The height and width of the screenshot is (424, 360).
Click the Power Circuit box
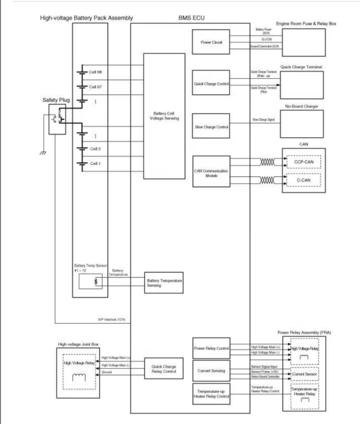click(x=211, y=41)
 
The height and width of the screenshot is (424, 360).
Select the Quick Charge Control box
click(x=211, y=84)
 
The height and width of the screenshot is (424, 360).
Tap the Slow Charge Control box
click(x=211, y=127)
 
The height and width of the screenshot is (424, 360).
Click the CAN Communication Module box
click(x=211, y=172)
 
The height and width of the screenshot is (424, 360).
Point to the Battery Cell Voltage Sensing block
click(x=165, y=117)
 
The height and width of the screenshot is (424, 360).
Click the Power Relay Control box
click(x=211, y=348)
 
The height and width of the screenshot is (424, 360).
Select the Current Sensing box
click(x=211, y=370)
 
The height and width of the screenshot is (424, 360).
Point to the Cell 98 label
click(x=95, y=72)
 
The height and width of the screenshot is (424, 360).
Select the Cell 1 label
click(x=95, y=164)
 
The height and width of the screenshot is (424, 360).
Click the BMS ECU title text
click(x=191, y=18)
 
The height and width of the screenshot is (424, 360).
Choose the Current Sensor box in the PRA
click(x=303, y=375)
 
